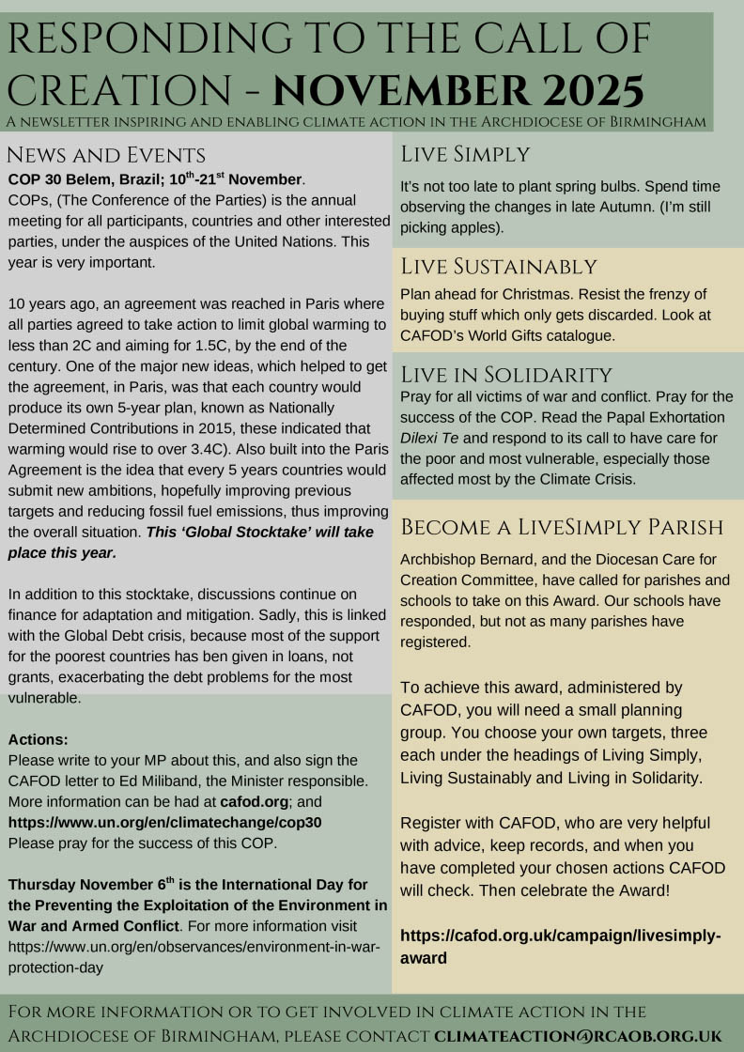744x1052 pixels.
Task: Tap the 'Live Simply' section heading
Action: click(466, 154)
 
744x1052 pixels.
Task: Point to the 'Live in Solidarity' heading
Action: click(506, 375)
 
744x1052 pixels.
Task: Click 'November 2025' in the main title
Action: click(459, 91)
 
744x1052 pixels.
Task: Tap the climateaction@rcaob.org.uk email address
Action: click(578, 1036)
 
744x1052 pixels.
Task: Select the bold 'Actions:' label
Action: click(38, 739)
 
